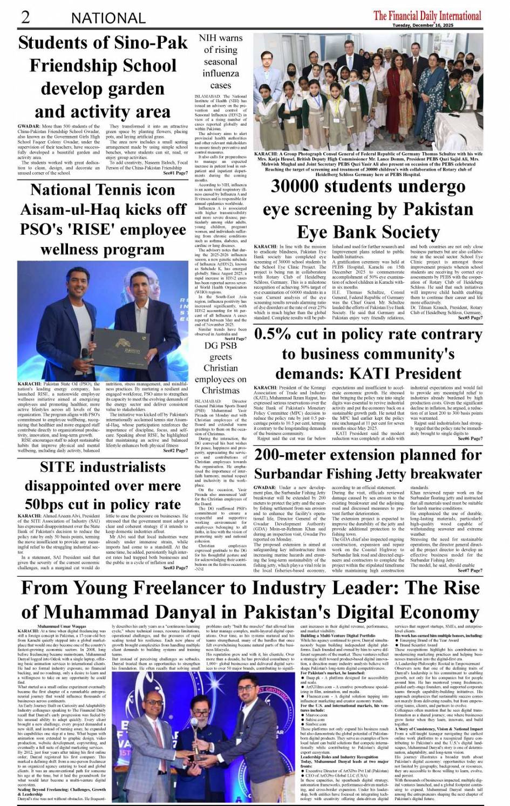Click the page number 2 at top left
[25, 17]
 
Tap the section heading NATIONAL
[108, 18]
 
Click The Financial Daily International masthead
[427, 15]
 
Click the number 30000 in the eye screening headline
[300, 187]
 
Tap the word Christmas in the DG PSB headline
[220, 390]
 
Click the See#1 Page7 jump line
[175, 173]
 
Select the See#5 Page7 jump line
[470, 318]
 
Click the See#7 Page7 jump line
[470, 570]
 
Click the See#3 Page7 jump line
[175, 568]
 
